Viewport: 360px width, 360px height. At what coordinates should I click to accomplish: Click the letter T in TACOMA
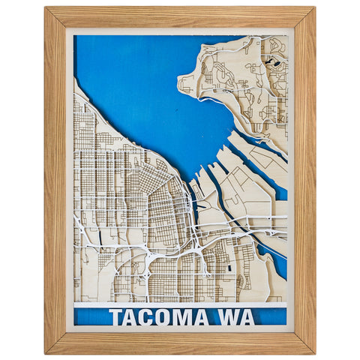click(x=115, y=317)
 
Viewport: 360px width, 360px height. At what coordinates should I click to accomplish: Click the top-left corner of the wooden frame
click(x=45, y=7)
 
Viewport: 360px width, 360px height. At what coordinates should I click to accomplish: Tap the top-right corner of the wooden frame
click(x=314, y=7)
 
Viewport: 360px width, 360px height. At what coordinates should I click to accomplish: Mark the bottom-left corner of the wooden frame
click(x=45, y=352)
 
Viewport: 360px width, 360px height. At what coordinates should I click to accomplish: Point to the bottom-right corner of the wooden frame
click(x=314, y=352)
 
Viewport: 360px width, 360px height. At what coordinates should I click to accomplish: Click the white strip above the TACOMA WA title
click(x=180, y=304)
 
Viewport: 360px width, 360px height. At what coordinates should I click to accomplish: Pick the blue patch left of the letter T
click(x=90, y=317)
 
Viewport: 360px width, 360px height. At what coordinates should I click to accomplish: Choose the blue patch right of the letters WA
click(x=270, y=317)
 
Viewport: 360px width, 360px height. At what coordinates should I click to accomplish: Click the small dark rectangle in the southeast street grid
click(x=228, y=267)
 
